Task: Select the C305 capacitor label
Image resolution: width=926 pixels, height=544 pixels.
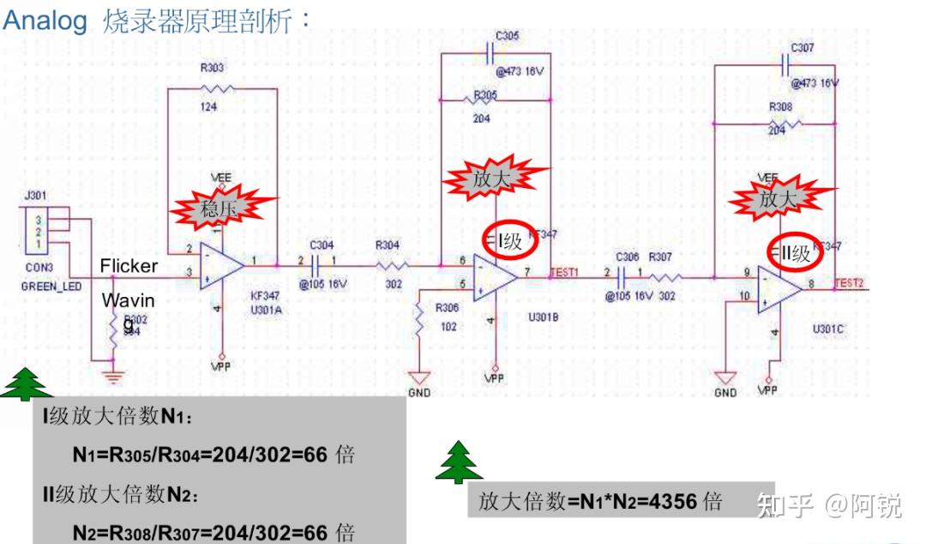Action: pyautogui.click(x=507, y=35)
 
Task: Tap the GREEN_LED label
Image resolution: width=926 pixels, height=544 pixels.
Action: pyautogui.click(x=51, y=287)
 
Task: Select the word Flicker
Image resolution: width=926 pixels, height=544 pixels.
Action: pyautogui.click(x=129, y=265)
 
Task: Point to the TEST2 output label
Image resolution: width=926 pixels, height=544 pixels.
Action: pyautogui.click(x=850, y=281)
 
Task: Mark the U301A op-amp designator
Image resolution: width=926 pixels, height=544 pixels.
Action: pyautogui.click(x=266, y=310)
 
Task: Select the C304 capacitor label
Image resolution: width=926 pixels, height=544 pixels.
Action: pyautogui.click(x=322, y=244)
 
